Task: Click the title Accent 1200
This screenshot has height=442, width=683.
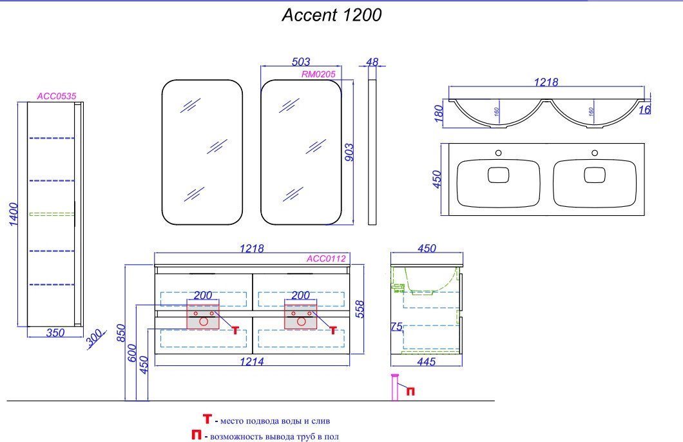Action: [x=331, y=15]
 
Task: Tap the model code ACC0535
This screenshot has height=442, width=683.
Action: [x=57, y=96]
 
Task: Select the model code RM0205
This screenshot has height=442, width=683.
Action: [x=318, y=75]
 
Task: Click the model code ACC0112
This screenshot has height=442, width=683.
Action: [x=326, y=258]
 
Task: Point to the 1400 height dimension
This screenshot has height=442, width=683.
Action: [x=14, y=214]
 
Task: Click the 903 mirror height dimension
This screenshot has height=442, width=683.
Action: [x=349, y=153]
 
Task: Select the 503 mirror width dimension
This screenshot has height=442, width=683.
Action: [x=301, y=62]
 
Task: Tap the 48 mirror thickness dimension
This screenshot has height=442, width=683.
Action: [x=372, y=62]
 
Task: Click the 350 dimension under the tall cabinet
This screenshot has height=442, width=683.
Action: [x=55, y=332]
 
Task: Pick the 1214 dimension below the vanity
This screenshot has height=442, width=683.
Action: [x=252, y=361]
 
